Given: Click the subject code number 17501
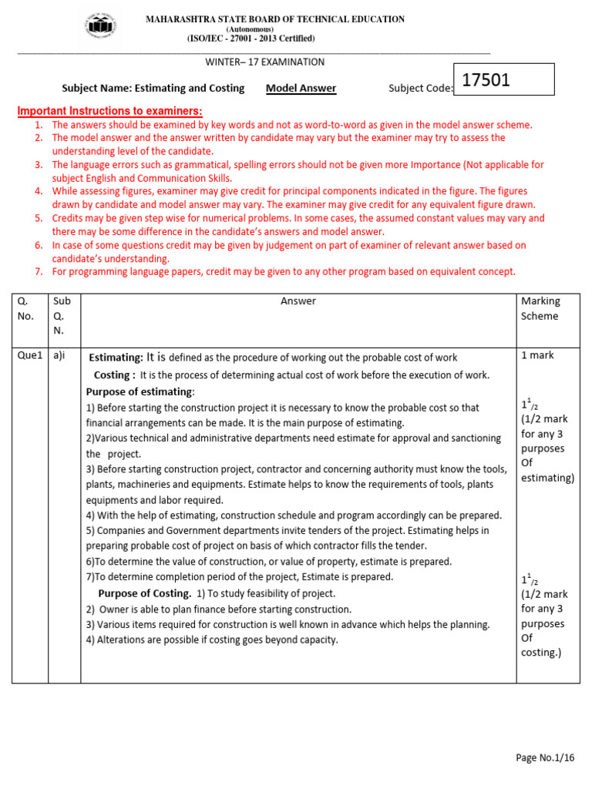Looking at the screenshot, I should click(x=486, y=80).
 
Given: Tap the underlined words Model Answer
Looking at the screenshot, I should click(x=301, y=89).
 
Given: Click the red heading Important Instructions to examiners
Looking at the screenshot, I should click(x=110, y=111).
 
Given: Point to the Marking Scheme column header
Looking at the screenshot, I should click(x=540, y=308).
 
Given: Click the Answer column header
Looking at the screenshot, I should click(x=298, y=301).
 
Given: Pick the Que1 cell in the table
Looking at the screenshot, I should click(x=30, y=355).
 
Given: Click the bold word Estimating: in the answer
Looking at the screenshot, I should click(x=116, y=358).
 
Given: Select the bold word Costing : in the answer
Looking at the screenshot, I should click(x=115, y=375).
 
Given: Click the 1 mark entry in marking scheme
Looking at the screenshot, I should click(x=537, y=355).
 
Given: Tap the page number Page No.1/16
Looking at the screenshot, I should click(x=545, y=758).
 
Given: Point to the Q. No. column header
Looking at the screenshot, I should click(x=26, y=308).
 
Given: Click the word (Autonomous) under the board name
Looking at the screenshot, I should click(x=251, y=29).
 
